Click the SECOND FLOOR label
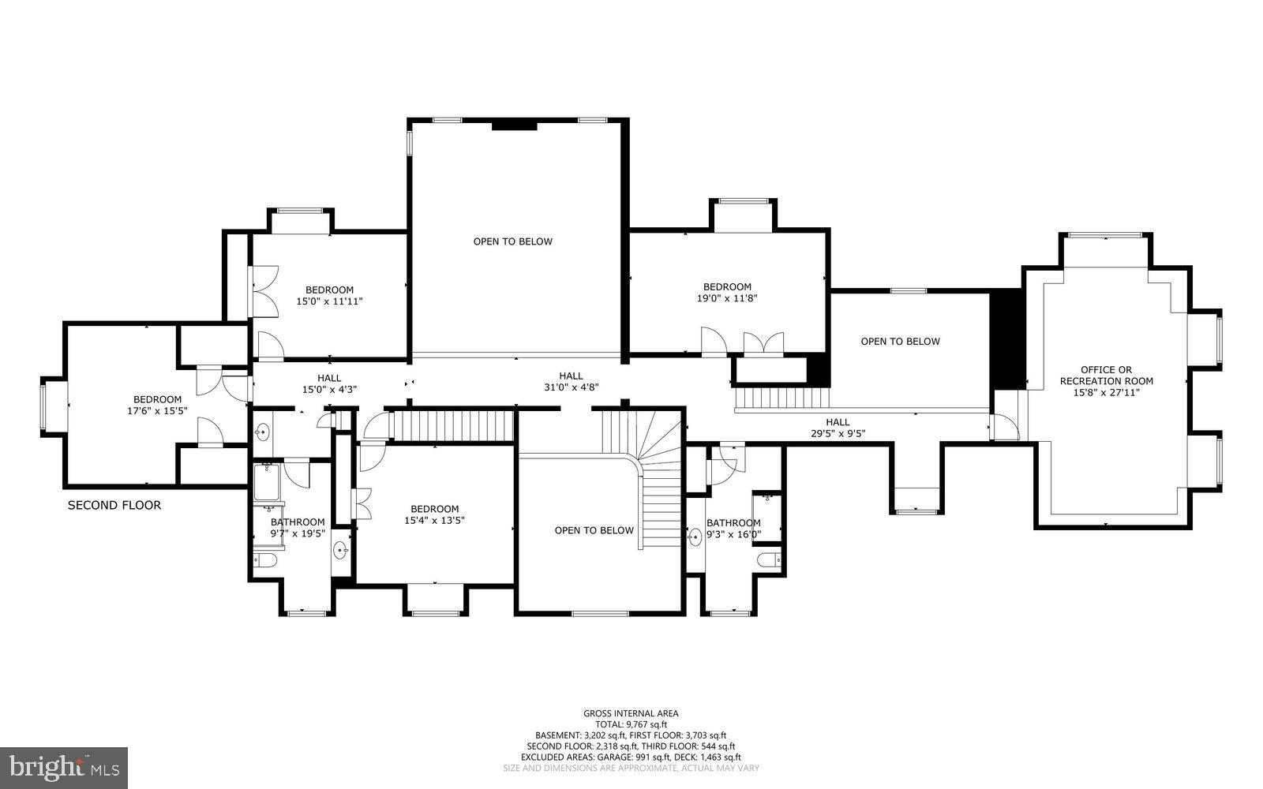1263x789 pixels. coord(114,505)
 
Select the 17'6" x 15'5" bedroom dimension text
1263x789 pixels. coord(157,411)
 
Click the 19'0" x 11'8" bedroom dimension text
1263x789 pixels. coord(727,298)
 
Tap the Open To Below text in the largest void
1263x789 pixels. coord(512,241)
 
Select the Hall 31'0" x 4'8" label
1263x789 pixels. coord(571,382)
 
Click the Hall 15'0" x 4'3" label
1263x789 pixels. coord(329,383)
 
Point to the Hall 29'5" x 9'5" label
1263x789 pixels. coord(838,427)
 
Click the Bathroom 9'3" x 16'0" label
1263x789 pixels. coord(733,528)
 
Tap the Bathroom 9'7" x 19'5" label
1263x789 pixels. coord(298,527)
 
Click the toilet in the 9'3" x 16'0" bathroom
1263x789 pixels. coord(768,561)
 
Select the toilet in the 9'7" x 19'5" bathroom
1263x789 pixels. coord(264,561)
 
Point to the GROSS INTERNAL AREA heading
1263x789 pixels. coord(631,713)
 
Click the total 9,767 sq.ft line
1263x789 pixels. coord(631,724)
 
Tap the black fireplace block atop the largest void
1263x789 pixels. coord(514,125)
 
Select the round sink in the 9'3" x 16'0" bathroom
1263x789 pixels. coord(695,538)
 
